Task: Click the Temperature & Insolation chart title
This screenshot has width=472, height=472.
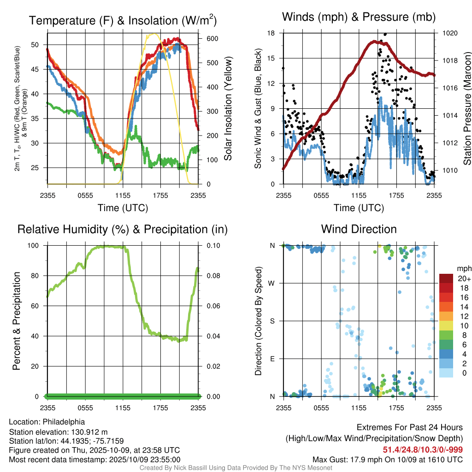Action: tap(123, 20)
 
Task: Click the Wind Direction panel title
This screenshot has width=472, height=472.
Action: tap(359, 229)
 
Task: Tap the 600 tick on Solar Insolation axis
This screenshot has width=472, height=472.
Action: tap(206, 39)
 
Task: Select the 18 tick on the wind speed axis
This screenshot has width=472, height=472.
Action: tap(271, 33)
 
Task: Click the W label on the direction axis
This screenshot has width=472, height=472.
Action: tap(272, 283)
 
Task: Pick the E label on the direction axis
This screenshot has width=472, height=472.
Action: tap(272, 359)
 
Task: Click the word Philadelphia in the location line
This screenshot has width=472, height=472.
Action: tap(64, 422)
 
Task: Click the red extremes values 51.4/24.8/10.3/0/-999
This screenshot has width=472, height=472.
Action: tap(423, 449)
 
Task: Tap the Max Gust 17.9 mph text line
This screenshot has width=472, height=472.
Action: tap(387, 459)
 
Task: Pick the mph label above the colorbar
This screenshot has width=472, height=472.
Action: tap(463, 268)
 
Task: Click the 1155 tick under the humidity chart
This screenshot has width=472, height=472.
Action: tap(123, 408)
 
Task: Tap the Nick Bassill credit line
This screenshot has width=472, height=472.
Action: tap(236, 468)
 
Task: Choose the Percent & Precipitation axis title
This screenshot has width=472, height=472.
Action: tap(16, 321)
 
